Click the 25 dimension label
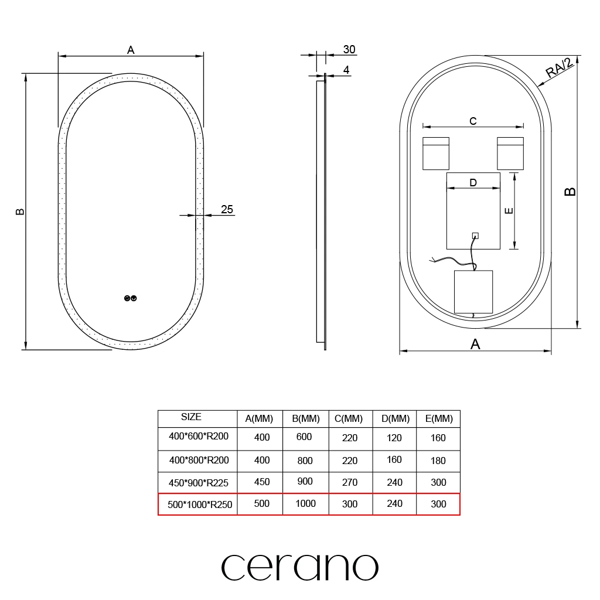pyautogui.click(x=227, y=209)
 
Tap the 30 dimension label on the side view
pyautogui.click(x=349, y=49)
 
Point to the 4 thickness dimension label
pyautogui.click(x=346, y=70)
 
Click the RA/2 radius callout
pyautogui.click(x=559, y=68)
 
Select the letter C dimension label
pyautogui.click(x=473, y=121)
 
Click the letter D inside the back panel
pyautogui.click(x=473, y=183)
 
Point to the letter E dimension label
pyautogui.click(x=509, y=210)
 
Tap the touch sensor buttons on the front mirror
pyautogui.click(x=131, y=298)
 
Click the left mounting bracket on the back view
pyautogui.click(x=436, y=154)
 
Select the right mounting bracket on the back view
pyautogui.click(x=510, y=154)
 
